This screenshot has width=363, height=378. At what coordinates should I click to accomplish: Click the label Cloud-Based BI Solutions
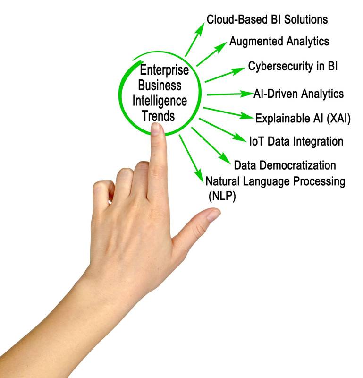coord(267,20)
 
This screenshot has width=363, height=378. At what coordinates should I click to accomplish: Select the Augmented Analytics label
coord(279,42)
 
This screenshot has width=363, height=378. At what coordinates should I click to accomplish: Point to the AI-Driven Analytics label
coord(298,94)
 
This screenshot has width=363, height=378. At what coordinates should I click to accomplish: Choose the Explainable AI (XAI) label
coord(303,118)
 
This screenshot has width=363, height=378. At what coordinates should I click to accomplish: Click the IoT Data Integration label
coord(296,141)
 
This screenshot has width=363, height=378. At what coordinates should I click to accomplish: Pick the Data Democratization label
coord(285,165)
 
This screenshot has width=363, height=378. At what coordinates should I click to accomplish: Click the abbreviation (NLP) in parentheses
coord(221,195)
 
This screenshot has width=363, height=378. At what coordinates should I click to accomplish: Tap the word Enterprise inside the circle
coord(164,70)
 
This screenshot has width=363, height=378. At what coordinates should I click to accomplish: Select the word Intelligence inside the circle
coord(160,101)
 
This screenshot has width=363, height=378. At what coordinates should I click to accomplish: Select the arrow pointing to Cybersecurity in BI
coord(222,75)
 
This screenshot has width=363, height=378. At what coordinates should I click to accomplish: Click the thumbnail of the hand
coord(213,215)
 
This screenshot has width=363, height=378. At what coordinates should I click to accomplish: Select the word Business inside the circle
coord(160,86)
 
